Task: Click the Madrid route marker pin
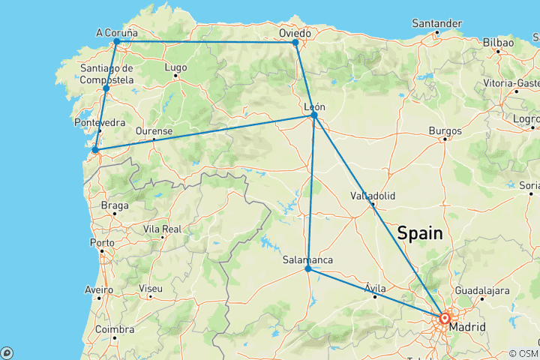point(445,319)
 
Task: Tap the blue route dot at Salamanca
point(308,268)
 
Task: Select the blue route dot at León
point(315,115)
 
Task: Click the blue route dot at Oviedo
point(296,43)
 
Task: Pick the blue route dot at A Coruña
point(116,42)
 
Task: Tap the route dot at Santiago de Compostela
point(106,88)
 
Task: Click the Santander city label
point(436,23)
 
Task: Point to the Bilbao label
point(499,43)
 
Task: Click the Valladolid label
point(373,196)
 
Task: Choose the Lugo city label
point(175,67)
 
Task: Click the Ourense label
point(154,131)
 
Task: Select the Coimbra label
point(115,329)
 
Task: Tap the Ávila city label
point(375,288)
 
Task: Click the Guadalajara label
point(482,290)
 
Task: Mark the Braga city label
point(114,205)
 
